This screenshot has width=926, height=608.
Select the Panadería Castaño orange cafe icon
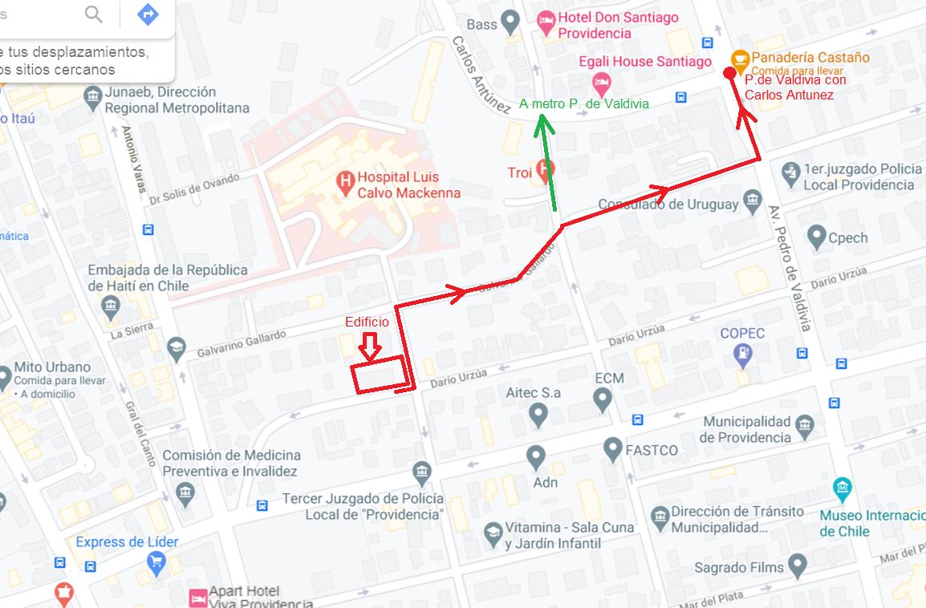coord(740,59)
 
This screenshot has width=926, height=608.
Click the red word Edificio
coord(367,322)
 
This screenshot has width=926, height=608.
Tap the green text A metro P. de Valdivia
coord(583,103)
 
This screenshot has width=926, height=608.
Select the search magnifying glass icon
coord(94,14)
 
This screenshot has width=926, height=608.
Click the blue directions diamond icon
coord(148,14)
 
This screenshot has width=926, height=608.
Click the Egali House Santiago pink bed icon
coord(601,82)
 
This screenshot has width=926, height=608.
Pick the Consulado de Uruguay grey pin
coord(752,200)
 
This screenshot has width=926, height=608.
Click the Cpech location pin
coord(817,237)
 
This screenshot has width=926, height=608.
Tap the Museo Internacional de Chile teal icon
coord(842,487)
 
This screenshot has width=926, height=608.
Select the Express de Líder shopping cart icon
coord(156,564)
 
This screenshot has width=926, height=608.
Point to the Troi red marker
coord(546,169)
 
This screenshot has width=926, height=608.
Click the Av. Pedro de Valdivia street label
coord(791,269)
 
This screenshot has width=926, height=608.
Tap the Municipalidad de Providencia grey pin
coord(805,425)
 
